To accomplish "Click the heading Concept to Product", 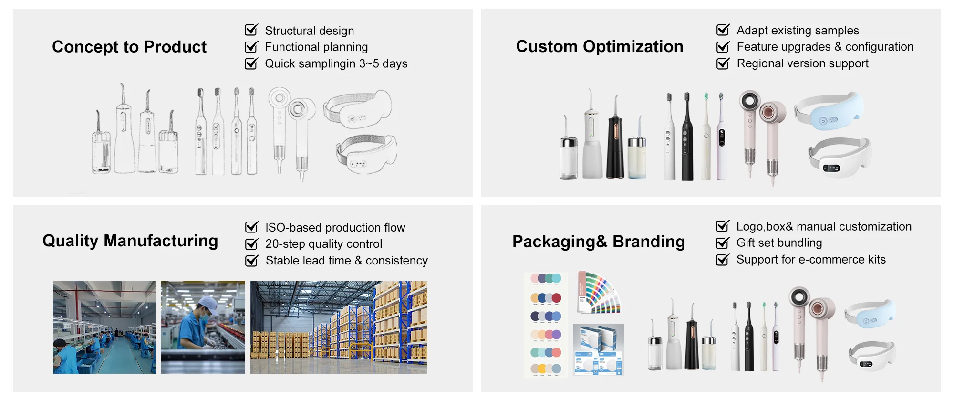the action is coord(129,47).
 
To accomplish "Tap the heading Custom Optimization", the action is coord(600,46).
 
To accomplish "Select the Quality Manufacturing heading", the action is coord(130,241).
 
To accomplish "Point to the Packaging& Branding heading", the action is coord(599,242).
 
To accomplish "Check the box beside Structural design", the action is coord(251,30).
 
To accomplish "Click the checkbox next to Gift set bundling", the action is coord(723,243).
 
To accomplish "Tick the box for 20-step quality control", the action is coord(251,244).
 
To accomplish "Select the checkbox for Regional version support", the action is coord(723,63).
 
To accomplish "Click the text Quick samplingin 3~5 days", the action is coord(336,63).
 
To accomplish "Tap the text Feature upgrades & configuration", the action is coord(825,47).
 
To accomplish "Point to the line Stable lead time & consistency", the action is coord(347,261).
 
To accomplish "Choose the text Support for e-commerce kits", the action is coord(811,260).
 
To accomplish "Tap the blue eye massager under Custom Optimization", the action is coord(829,111).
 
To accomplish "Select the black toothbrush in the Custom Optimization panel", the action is coord(687,137).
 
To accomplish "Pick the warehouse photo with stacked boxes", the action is coord(339,327).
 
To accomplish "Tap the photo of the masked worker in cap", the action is coord(203,327).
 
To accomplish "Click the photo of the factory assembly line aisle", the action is coord(104,327).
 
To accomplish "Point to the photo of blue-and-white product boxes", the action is coord(598,349).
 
